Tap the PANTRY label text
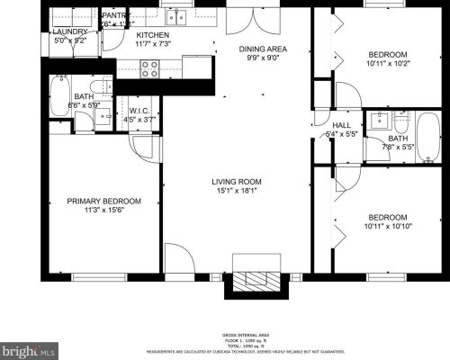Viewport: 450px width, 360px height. (115, 16)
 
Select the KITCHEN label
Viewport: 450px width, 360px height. (152, 34)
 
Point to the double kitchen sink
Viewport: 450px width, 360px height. (176, 16)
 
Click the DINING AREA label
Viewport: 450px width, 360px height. (262, 49)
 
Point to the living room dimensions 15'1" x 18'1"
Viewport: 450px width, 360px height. (237, 189)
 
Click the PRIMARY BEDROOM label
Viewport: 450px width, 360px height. (104, 202)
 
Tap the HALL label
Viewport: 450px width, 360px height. (341, 126)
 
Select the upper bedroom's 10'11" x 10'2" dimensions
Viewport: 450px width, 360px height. (387, 63)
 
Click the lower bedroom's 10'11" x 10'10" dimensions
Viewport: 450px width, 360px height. (387, 226)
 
